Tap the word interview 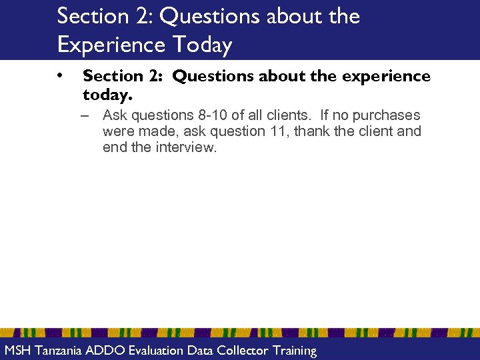point(186,147)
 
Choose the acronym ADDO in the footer point(102,351)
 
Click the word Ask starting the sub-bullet point(115,115)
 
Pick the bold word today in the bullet point(103,95)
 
